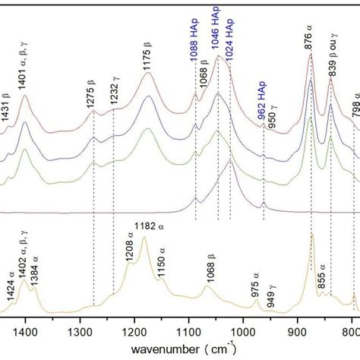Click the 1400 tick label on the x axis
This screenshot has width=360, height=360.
pos(25,331)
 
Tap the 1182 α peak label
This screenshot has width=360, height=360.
pos(148,226)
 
